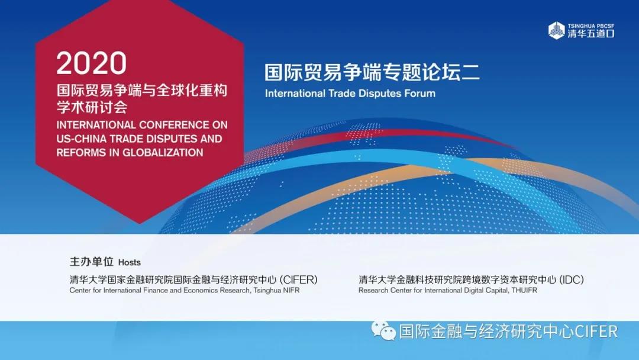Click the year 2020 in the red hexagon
click(x=92, y=63)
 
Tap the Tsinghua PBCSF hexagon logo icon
click(x=556, y=31)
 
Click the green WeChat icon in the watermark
click(x=383, y=330)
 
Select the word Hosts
click(x=129, y=262)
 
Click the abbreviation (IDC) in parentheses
click(x=572, y=279)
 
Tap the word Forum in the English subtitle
click(x=419, y=94)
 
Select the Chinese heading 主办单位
click(x=91, y=261)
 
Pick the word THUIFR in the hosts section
click(x=524, y=290)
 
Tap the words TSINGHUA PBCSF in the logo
click(x=591, y=25)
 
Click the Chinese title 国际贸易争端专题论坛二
click(x=372, y=72)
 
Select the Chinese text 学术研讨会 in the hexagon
click(x=92, y=107)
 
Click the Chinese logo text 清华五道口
click(x=591, y=34)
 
